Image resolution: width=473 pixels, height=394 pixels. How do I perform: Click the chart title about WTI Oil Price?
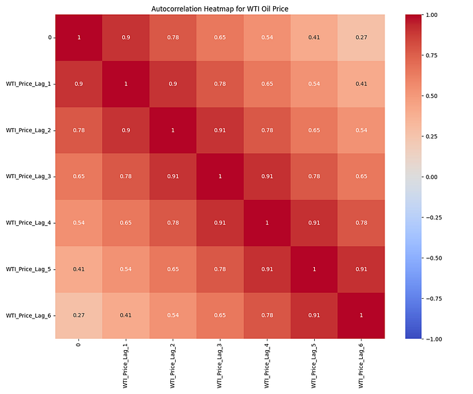[x=220, y=8]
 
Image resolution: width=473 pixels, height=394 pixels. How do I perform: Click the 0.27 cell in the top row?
[x=362, y=37]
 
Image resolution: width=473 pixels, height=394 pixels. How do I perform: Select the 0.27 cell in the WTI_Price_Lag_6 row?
[x=78, y=315]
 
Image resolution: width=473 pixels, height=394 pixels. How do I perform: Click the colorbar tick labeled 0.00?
[x=435, y=177]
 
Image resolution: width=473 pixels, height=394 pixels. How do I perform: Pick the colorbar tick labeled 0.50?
[x=435, y=96]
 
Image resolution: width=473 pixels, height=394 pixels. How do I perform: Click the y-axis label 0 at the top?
[x=50, y=37]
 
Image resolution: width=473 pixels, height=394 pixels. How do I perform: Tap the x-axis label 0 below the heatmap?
[x=78, y=345]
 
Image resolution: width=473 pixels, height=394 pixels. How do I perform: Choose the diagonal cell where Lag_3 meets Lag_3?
[x=220, y=176]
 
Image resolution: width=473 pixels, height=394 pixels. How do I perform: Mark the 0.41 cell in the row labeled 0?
[x=314, y=37]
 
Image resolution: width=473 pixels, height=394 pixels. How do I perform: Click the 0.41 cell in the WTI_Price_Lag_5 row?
[x=78, y=269]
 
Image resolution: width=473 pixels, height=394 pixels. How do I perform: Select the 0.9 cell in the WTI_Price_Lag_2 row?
[x=126, y=130]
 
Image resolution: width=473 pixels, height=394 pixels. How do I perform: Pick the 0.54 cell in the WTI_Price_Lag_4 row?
[x=78, y=223]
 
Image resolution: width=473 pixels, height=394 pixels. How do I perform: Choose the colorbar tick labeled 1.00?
[x=435, y=15]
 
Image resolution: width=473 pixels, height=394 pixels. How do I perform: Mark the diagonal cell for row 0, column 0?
[x=78, y=37]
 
